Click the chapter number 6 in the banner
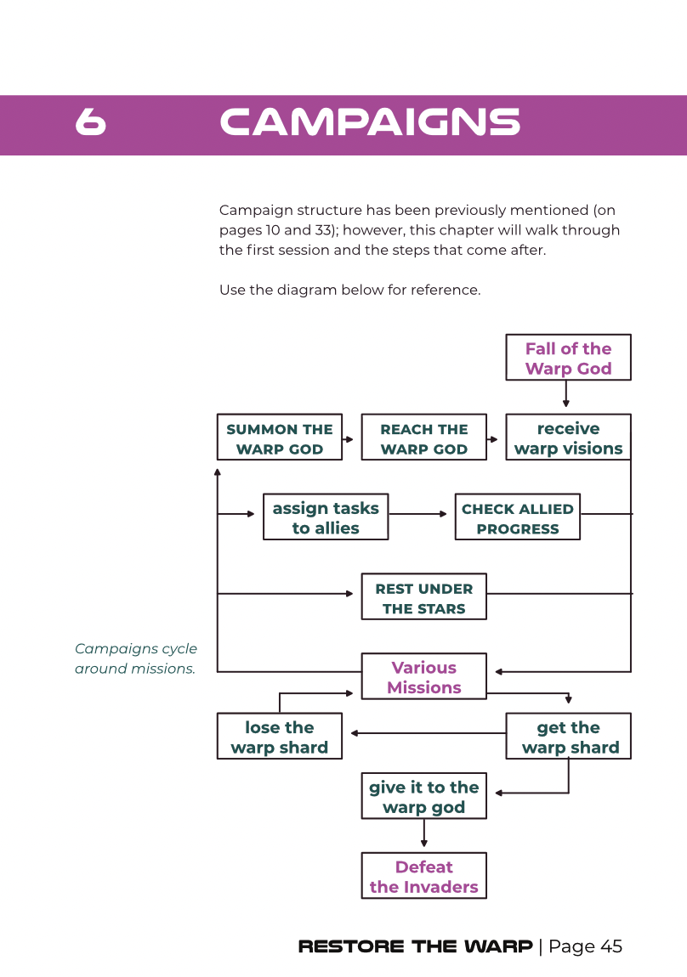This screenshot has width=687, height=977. pos(90,121)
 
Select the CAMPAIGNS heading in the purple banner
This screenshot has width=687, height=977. pos(370,121)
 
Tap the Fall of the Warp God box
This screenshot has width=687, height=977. pos(569,358)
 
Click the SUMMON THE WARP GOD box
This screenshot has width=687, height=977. pos(280,438)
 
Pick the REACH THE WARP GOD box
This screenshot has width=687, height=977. pos(424,438)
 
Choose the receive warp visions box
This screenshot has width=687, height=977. pos(569,438)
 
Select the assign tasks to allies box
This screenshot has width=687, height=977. pos(326,517)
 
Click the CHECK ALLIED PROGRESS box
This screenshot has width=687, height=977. pos(518,517)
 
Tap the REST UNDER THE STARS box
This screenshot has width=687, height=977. pos(424,597)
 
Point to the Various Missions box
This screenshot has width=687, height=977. pos(424,676)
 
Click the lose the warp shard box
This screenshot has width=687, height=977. pos(280,737)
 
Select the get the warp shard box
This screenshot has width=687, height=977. pos(569,737)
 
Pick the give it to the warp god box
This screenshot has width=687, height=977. pos(424,796)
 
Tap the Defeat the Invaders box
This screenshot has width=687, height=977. pos(424,876)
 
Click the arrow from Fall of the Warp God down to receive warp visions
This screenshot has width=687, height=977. pos(566,394)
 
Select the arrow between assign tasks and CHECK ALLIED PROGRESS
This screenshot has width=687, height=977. pos(418,514)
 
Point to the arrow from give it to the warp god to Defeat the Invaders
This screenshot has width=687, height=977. pos(424,833)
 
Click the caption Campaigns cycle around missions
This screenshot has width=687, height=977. pos(136,658)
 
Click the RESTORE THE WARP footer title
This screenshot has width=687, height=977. pos(416,946)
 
